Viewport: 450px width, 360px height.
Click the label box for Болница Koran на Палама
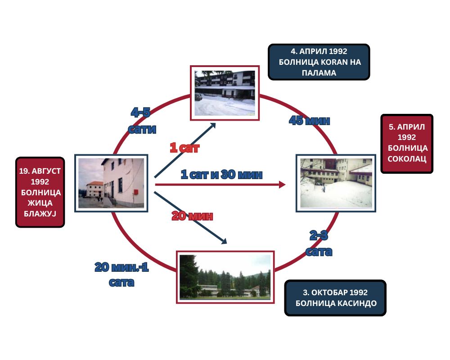[x=319, y=62]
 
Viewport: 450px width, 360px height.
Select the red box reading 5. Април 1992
[x=407, y=143]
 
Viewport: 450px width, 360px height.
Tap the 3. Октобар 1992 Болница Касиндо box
[x=335, y=297]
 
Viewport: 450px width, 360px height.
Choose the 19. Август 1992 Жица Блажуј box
[x=40, y=192]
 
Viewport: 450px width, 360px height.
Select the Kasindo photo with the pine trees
[x=225, y=277]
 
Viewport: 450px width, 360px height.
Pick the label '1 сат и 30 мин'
[x=221, y=174]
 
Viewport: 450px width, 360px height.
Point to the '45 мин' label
[x=309, y=121]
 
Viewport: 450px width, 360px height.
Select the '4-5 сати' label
[x=142, y=121]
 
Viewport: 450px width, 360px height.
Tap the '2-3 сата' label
[x=319, y=243]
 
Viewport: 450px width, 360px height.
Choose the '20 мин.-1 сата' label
[x=121, y=274]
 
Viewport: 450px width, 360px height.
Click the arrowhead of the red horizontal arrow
[x=282, y=184]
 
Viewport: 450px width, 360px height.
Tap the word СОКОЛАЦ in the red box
[x=407, y=159]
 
